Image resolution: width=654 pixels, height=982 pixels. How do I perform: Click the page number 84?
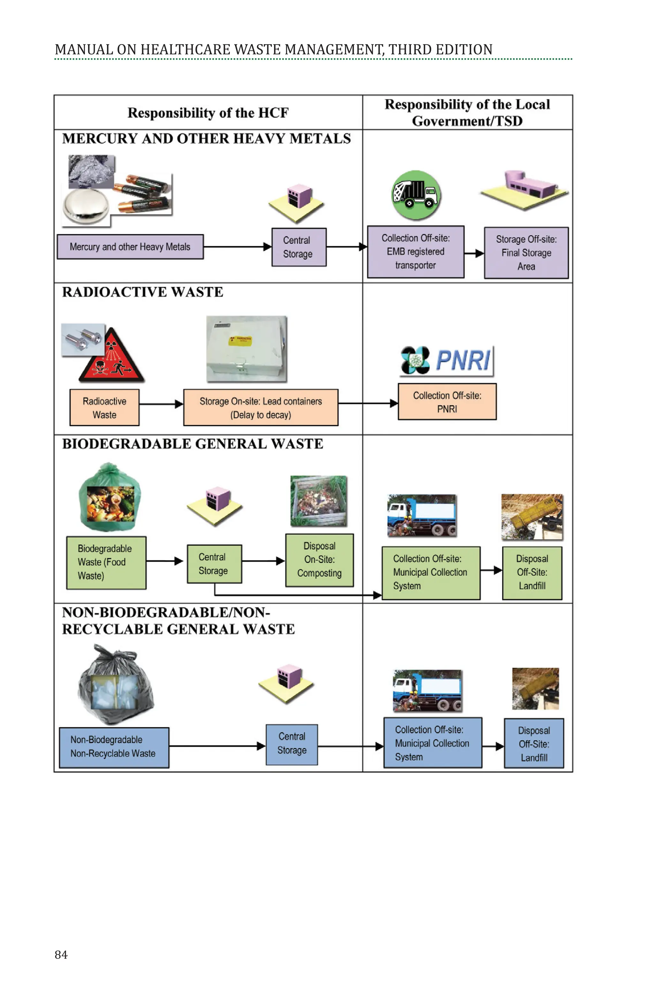click(61, 955)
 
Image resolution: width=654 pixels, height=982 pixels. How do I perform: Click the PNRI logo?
click(446, 360)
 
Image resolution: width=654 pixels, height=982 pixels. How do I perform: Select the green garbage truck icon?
click(416, 195)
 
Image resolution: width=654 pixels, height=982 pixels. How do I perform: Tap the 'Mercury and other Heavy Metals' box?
click(130, 247)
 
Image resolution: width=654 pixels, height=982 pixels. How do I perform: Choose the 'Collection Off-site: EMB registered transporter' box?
click(415, 252)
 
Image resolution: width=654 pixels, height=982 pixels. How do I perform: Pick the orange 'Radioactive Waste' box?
click(104, 408)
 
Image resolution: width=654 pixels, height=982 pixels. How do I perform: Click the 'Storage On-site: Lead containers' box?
click(261, 408)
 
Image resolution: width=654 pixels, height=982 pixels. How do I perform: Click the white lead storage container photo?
click(247, 349)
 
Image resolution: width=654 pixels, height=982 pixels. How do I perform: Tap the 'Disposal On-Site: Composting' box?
click(319, 560)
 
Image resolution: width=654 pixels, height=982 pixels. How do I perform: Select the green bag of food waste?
click(110, 497)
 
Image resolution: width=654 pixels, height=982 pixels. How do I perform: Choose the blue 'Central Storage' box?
click(292, 744)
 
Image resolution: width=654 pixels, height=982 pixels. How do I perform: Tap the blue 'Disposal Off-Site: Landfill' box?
click(534, 744)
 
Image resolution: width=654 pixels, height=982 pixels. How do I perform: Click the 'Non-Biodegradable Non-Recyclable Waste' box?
click(114, 747)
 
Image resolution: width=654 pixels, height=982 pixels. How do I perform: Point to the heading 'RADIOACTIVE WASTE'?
click(143, 292)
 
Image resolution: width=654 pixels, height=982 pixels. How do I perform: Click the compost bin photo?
click(319, 501)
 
